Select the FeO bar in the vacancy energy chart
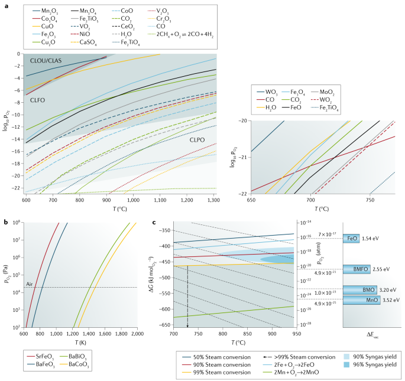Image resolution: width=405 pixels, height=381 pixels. coord(352,239)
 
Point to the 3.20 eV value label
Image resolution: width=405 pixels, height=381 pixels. coord(386,290)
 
